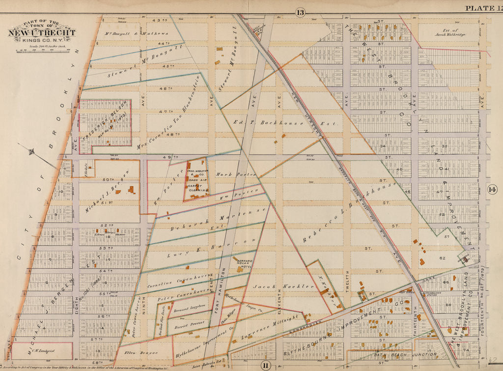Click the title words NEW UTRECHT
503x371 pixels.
pyautogui.click(x=41, y=33)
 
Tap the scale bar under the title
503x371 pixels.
pyautogui.click(x=42, y=50)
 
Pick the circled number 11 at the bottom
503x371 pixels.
pyautogui.click(x=265, y=365)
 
